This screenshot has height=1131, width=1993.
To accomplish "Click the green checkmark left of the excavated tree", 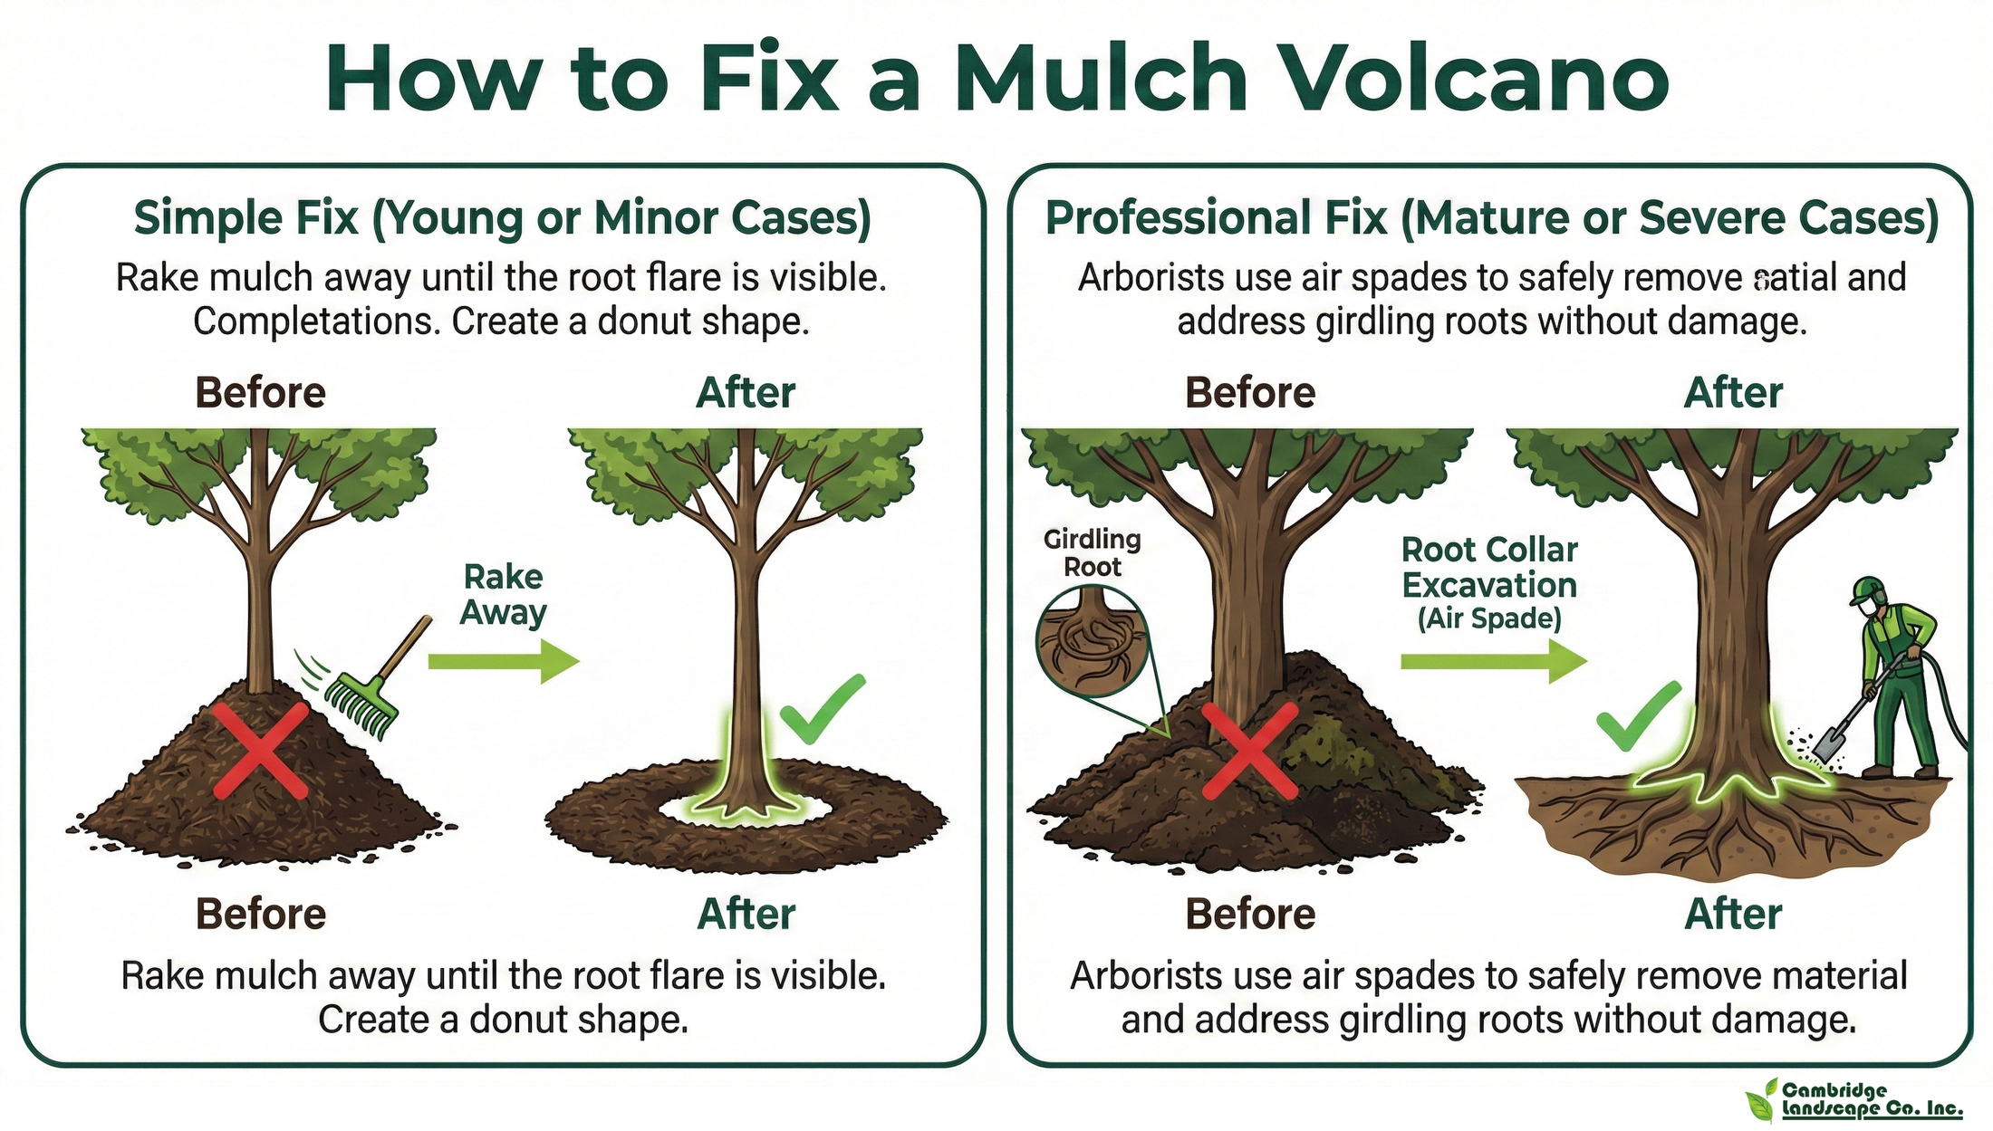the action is pyautogui.click(x=1638, y=716).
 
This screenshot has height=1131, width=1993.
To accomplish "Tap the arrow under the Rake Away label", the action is pyautogui.click(x=503, y=661).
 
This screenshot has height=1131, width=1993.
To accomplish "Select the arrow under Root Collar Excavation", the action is pyautogui.click(x=1494, y=661).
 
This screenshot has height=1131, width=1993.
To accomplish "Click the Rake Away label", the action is pyautogui.click(x=503, y=595).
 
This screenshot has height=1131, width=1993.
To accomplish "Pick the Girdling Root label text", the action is pyautogui.click(x=1093, y=553).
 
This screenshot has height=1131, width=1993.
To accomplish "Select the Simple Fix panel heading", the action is pyautogui.click(x=503, y=218).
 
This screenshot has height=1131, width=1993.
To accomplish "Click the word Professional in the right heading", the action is pyautogui.click(x=1216, y=218).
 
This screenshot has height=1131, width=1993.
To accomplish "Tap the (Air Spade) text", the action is pyautogui.click(x=1489, y=619).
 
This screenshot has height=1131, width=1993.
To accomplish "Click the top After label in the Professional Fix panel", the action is pyautogui.click(x=1733, y=393).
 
